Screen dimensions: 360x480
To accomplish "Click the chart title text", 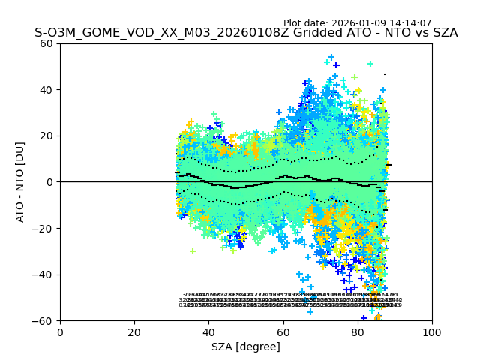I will coord(246,33).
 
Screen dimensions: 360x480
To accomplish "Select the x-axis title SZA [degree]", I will coord(246,346).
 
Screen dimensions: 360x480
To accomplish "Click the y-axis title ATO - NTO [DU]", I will coord(21,182).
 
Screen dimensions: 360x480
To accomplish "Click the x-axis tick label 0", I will coord(60,331).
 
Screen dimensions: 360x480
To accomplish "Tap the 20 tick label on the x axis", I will coord(134,331).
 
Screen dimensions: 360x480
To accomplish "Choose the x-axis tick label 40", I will coord(208,331).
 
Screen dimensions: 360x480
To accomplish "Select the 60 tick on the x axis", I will coord(283,331).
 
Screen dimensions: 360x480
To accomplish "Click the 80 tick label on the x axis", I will coord(358,331).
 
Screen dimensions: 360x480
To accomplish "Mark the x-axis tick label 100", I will coord(432,331).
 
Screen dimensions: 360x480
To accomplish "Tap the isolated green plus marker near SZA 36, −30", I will coord(193,251).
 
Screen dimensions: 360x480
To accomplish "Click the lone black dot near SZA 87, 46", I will coord(385,74).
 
